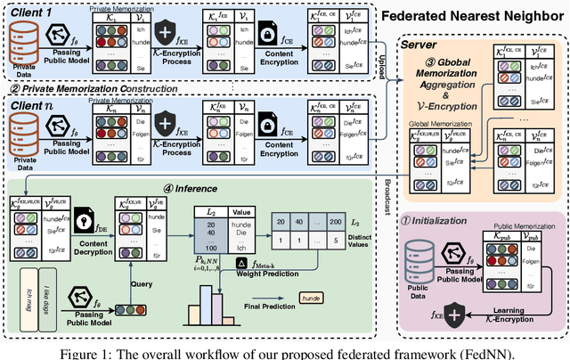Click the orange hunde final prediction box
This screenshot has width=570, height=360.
(x=313, y=297)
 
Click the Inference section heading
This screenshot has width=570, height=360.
(x=175, y=188)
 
